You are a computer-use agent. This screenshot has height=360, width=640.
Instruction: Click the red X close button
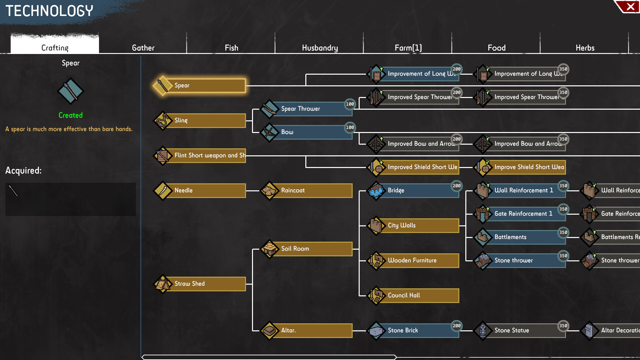point(630,7)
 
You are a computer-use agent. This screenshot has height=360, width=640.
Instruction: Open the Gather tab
point(143,48)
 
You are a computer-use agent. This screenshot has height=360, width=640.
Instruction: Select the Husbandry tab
point(320,48)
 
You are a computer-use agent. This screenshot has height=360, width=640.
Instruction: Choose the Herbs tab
point(585,48)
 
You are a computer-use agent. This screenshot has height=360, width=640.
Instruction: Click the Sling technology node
point(205,120)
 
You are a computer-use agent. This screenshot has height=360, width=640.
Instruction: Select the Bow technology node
point(312,132)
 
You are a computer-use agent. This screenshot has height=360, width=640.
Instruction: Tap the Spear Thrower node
point(312,109)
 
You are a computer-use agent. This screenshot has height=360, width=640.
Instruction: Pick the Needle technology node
point(205,190)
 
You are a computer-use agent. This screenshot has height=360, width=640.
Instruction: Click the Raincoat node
point(312,190)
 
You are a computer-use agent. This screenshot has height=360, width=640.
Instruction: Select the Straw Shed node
point(205,284)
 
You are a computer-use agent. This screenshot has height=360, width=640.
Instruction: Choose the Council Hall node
point(419,295)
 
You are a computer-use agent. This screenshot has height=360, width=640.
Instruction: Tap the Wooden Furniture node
point(419,260)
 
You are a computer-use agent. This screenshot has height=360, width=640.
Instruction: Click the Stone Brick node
point(419,330)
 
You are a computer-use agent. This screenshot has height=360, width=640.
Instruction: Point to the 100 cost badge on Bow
point(350,127)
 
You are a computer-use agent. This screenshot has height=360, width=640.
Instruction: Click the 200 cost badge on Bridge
point(457,186)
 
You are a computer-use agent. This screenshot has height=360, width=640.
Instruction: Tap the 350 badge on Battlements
point(563,232)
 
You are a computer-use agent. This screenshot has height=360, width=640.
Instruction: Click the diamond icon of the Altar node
point(269,330)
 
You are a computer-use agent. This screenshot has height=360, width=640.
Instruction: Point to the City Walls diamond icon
point(376,225)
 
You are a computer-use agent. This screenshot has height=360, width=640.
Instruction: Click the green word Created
point(71,115)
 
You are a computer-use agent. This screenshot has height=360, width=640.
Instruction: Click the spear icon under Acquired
point(13,191)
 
